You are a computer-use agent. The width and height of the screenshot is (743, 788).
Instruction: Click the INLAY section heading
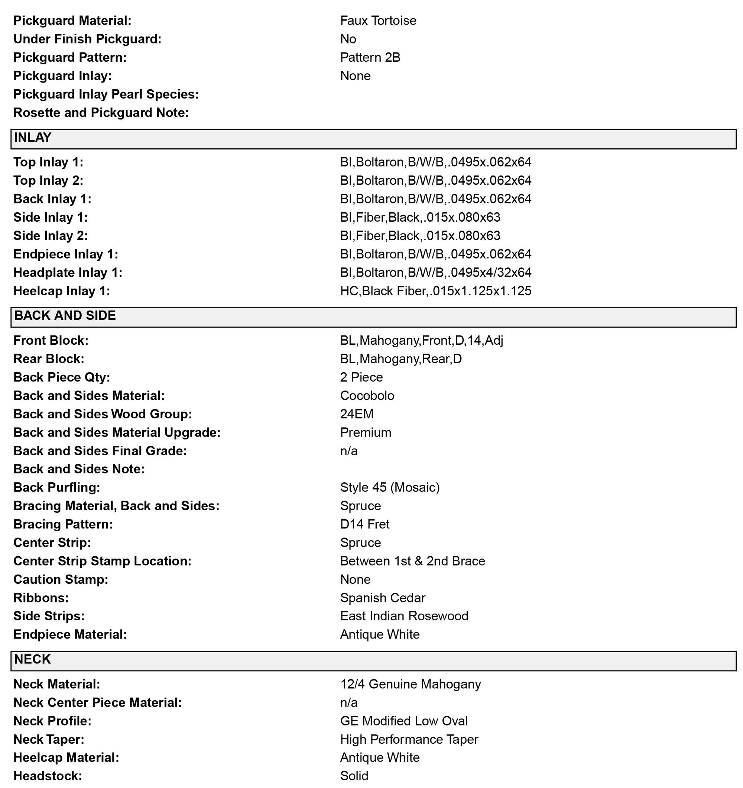[x=33, y=138]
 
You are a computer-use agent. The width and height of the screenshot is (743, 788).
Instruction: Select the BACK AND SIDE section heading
[x=65, y=315]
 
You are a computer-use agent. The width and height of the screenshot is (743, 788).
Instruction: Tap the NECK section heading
[x=32, y=659]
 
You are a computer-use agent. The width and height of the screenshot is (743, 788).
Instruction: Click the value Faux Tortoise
[x=378, y=20]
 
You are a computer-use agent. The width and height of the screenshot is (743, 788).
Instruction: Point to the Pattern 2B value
[x=370, y=58]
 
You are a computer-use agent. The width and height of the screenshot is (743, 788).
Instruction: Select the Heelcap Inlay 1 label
[x=61, y=291]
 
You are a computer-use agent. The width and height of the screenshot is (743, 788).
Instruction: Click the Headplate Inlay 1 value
[x=435, y=273]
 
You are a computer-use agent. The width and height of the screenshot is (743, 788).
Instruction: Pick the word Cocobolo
[x=367, y=396]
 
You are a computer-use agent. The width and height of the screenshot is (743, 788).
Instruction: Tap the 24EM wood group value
[x=356, y=414]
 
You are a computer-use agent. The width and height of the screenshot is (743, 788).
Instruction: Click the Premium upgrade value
[x=365, y=432]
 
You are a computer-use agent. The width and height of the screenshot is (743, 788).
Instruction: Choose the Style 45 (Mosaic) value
[x=390, y=487]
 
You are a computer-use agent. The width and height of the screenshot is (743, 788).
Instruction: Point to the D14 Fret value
[x=364, y=524]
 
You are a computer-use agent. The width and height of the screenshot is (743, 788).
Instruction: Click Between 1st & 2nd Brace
[x=412, y=561]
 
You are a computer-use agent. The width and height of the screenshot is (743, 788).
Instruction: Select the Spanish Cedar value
[x=382, y=598]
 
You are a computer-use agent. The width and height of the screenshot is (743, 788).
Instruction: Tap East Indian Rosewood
[x=404, y=616]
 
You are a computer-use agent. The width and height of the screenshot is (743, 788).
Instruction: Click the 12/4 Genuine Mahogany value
[x=410, y=684]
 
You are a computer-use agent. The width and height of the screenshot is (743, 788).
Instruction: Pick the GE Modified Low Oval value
[x=403, y=721]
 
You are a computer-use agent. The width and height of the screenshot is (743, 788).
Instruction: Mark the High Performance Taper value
[x=409, y=739]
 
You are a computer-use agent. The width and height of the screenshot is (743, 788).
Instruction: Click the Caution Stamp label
[x=61, y=579]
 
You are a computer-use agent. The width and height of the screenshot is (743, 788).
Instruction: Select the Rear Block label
[x=49, y=359]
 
